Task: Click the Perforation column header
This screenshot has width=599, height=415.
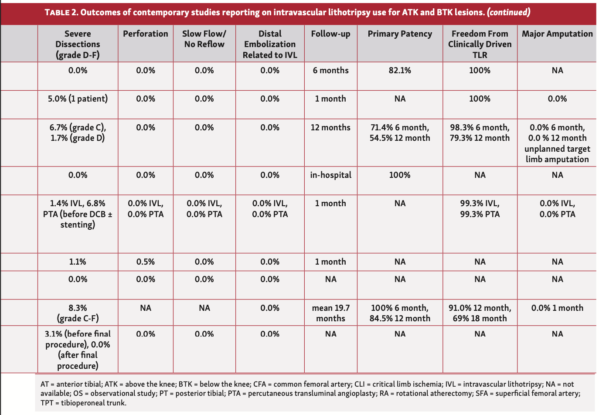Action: pos(146,34)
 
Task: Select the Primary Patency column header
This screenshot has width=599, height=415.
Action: pos(400,34)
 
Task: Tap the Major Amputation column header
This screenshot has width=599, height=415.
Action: pos(557,34)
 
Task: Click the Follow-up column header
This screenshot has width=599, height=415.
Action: pos(330,34)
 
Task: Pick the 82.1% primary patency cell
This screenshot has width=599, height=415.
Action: pos(400,70)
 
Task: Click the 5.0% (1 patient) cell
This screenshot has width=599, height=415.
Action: pos(78,99)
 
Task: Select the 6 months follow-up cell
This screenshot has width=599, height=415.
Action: pos(330,70)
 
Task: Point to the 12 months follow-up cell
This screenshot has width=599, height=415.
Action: pos(330,127)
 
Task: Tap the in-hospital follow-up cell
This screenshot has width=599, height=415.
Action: pos(330,175)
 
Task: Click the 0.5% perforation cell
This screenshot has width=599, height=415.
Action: pos(146,262)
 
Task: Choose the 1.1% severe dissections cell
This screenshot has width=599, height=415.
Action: pos(78,262)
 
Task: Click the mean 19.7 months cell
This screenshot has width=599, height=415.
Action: pos(330,313)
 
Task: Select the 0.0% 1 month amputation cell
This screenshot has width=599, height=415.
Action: pos(557,308)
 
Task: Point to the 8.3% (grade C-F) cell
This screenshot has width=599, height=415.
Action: pos(78,313)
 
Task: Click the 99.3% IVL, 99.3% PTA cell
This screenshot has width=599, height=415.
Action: pos(480,208)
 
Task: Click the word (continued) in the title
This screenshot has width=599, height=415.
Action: pos(509,12)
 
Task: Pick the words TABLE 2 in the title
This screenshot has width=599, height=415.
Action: pos(61,13)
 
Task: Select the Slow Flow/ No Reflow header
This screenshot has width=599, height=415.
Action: pos(204,39)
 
